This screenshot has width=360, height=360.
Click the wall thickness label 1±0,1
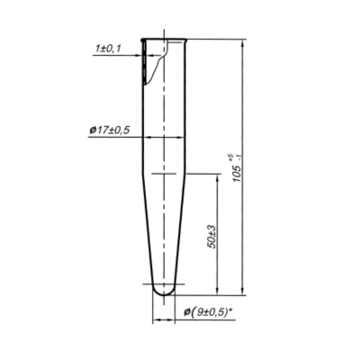pos(108,49)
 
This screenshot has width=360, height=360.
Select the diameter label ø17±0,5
pos(110,130)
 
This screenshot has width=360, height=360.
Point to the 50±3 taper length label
pos(211,237)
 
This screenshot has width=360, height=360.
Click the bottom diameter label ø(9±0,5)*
pos(209,312)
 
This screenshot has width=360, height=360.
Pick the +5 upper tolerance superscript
pos(230,157)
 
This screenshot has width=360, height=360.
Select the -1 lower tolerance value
pos(239,157)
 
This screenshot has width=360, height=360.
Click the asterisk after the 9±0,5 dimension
pos(231,310)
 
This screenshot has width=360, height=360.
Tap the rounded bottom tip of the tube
pos(164,295)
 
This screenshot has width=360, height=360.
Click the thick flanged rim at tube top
pos(164,40)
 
